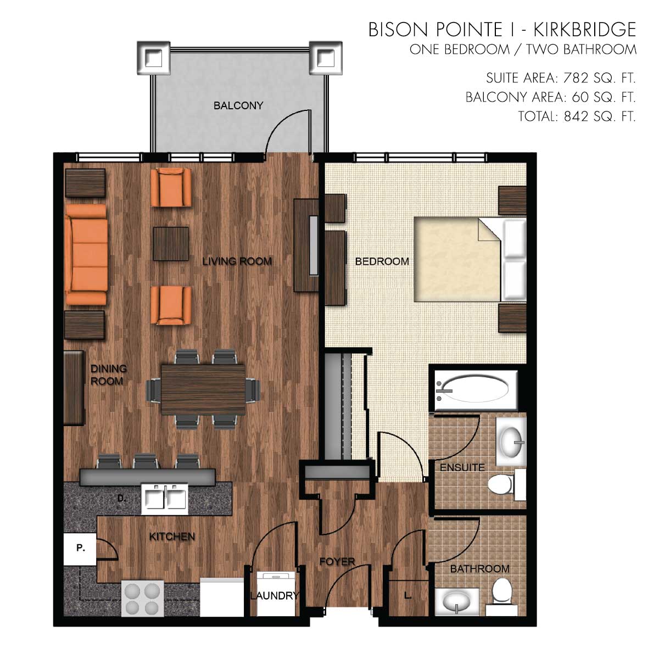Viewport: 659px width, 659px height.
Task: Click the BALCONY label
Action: [238, 105]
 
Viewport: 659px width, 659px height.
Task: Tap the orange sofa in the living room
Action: [86, 254]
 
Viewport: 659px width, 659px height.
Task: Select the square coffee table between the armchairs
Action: [171, 244]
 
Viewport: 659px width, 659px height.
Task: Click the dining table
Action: [203, 389]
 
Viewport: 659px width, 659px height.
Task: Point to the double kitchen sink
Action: [165, 499]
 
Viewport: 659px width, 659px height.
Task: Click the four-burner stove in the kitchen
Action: [142, 599]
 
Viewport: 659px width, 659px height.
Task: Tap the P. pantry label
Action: [81, 548]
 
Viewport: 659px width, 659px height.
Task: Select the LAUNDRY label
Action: [274, 595]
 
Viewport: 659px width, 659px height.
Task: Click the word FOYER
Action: [337, 561]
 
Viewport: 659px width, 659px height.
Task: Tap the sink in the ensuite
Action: [511, 442]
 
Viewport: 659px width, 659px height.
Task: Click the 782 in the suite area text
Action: [576, 79]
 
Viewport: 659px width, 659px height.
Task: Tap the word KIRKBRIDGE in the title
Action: [584, 30]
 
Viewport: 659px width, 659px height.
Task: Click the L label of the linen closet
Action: [407, 595]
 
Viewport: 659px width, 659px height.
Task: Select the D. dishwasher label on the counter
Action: [121, 498]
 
